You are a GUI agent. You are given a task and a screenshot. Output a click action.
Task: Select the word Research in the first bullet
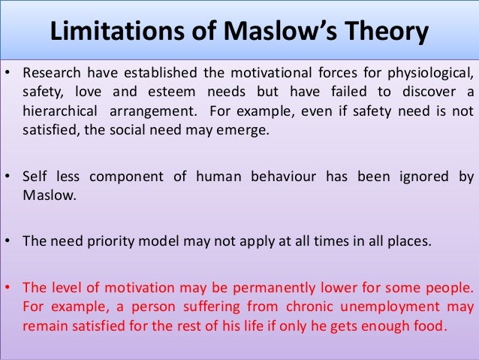tap(50, 73)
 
